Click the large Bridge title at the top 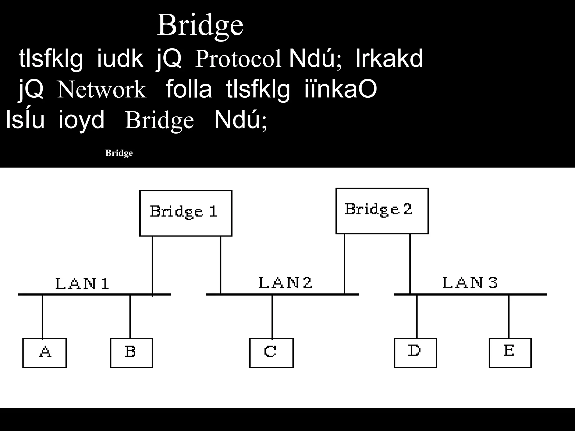[x=200, y=25]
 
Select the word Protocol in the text [x=238, y=59]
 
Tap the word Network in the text [x=102, y=90]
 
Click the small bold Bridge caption [x=119, y=153]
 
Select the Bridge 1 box [x=186, y=213]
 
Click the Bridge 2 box [x=382, y=210]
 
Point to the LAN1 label [x=82, y=283]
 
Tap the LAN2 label [x=285, y=282]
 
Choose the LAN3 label [x=470, y=282]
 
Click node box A [x=45, y=352]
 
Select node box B [x=131, y=352]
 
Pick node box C [x=271, y=352]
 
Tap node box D [x=415, y=352]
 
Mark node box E [x=510, y=352]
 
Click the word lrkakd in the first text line [x=389, y=59]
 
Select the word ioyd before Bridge [x=81, y=120]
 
